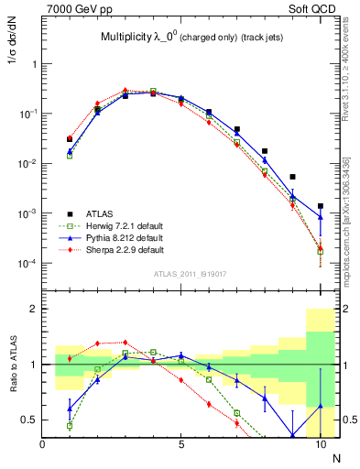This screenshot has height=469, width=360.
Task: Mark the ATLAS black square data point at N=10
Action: (x=321, y=206)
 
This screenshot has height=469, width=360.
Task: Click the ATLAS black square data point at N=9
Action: (x=293, y=177)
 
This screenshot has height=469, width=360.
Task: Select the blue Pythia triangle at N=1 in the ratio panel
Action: (x=70, y=409)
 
